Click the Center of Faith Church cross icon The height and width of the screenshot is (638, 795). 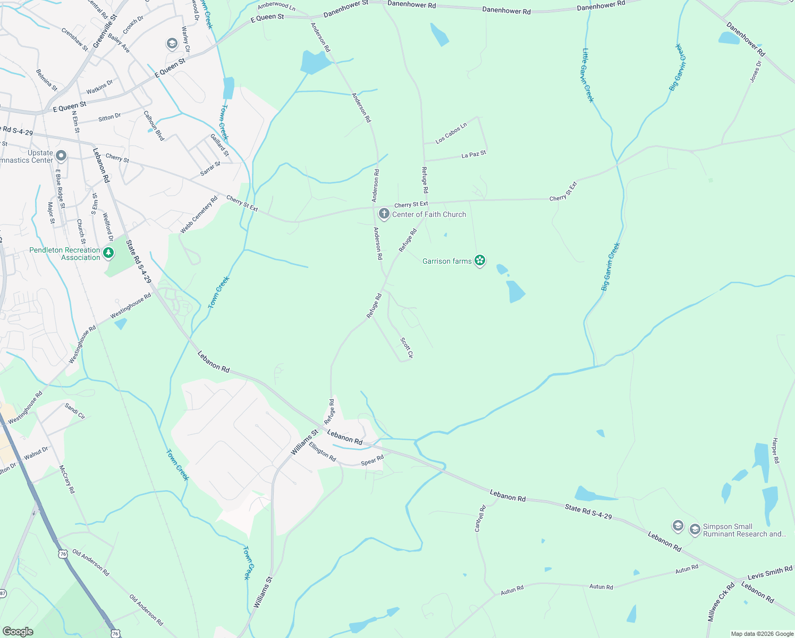[384, 214]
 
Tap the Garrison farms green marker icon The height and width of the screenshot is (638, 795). [480, 261]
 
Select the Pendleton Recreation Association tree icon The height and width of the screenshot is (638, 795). [108, 253]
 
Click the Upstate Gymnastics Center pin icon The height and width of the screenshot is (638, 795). [61, 156]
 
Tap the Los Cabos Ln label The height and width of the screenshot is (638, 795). [451, 133]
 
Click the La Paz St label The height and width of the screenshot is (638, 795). [473, 155]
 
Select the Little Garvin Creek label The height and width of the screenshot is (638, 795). [588, 75]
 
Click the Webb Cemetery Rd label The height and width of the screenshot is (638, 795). [199, 215]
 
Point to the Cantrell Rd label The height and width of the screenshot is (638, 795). [480, 518]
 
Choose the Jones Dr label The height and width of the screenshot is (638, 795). [756, 71]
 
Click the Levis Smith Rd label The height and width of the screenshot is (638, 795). [769, 573]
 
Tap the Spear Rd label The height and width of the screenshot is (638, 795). [372, 460]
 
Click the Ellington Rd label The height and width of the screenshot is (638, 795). [323, 452]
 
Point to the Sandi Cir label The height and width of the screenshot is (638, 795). [75, 410]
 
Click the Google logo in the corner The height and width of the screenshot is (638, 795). [18, 631]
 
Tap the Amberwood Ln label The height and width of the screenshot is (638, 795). [276, 6]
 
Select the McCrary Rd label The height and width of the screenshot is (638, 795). [67, 479]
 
